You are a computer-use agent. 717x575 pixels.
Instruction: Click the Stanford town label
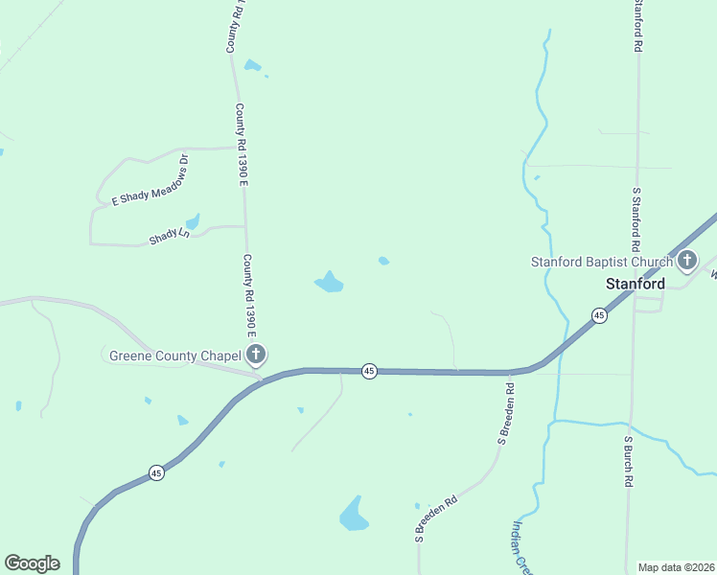coord(636,284)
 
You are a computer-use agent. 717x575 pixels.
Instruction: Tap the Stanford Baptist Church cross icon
coord(687,260)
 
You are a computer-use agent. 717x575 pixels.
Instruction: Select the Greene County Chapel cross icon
coord(256,356)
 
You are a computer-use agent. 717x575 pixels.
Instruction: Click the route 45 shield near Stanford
coord(599,315)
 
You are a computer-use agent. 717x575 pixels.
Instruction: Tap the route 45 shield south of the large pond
coord(369,371)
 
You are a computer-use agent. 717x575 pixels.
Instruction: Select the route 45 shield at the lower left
coord(156,472)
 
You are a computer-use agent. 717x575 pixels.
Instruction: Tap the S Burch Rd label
coord(629,464)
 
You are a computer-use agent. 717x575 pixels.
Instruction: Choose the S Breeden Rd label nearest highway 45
coord(507,414)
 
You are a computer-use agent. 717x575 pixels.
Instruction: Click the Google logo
coord(32,563)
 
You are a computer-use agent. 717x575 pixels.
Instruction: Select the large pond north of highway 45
coord(330,282)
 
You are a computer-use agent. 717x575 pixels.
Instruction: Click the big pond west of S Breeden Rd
coord(354,516)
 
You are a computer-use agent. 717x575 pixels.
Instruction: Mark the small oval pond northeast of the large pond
coord(383,261)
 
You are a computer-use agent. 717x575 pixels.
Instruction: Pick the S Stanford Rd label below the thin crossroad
coord(636,213)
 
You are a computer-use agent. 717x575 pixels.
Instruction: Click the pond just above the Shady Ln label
coord(193,222)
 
